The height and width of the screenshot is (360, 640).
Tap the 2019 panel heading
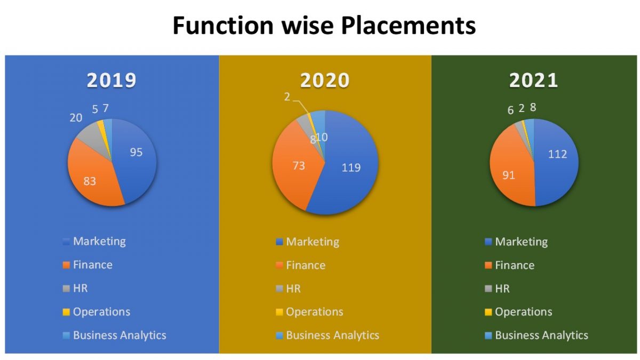tap(111, 80)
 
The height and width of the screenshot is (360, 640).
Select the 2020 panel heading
tap(325, 80)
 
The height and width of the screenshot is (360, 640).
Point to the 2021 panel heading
tap(534, 80)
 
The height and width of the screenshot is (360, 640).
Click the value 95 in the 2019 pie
tap(136, 152)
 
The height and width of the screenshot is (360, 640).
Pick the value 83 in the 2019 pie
tap(90, 181)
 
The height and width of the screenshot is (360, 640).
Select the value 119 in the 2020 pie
tap(350, 167)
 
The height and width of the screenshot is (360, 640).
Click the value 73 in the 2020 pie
tap(298, 166)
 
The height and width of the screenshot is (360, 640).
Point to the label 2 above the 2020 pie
tap(287, 97)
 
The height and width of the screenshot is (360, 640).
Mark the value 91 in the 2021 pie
tap(508, 174)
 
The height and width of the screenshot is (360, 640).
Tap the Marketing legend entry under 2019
tap(99, 241)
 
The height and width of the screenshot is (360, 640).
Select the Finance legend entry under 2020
tap(305, 265)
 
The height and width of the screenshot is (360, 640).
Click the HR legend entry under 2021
tap(502, 289)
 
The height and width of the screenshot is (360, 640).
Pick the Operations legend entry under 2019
tap(101, 312)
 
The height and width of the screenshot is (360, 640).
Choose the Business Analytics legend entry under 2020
tap(332, 335)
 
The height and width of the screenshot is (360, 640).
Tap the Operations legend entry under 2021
tap(523, 312)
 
